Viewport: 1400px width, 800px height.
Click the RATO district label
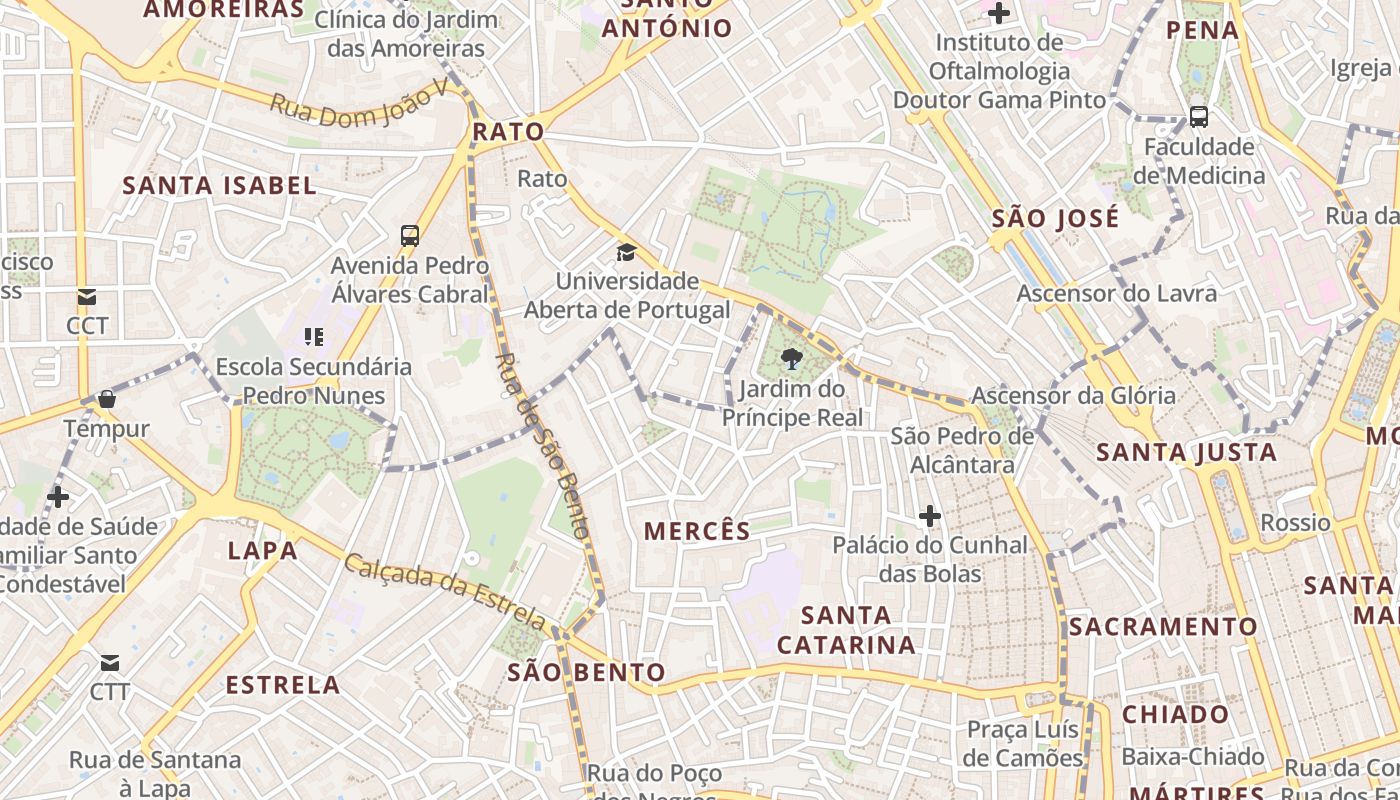(x=508, y=131)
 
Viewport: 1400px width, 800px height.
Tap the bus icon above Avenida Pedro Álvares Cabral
(x=410, y=236)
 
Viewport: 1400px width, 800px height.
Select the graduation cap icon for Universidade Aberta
(x=626, y=252)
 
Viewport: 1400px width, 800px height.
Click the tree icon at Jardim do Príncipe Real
(x=791, y=359)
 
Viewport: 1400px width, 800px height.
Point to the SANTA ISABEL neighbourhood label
(x=219, y=185)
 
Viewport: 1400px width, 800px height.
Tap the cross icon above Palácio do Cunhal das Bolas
(x=930, y=516)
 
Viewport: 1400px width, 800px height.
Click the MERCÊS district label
(x=697, y=531)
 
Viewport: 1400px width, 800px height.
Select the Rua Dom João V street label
(x=359, y=104)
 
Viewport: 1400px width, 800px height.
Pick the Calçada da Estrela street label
(x=445, y=592)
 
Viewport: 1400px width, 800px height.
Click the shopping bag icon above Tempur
(x=107, y=399)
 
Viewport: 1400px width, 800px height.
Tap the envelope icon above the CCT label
(x=87, y=297)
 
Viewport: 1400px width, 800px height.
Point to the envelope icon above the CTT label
(x=109, y=663)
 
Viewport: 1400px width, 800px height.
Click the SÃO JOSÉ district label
(x=1055, y=219)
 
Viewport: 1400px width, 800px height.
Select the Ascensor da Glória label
(x=1073, y=395)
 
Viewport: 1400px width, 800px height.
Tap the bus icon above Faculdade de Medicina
(x=1199, y=117)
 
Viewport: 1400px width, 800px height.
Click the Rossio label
(x=1295, y=522)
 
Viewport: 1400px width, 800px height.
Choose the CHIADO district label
(x=1175, y=714)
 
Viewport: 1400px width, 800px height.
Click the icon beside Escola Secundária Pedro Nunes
(x=314, y=337)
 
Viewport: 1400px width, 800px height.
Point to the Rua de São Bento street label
(x=541, y=445)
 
